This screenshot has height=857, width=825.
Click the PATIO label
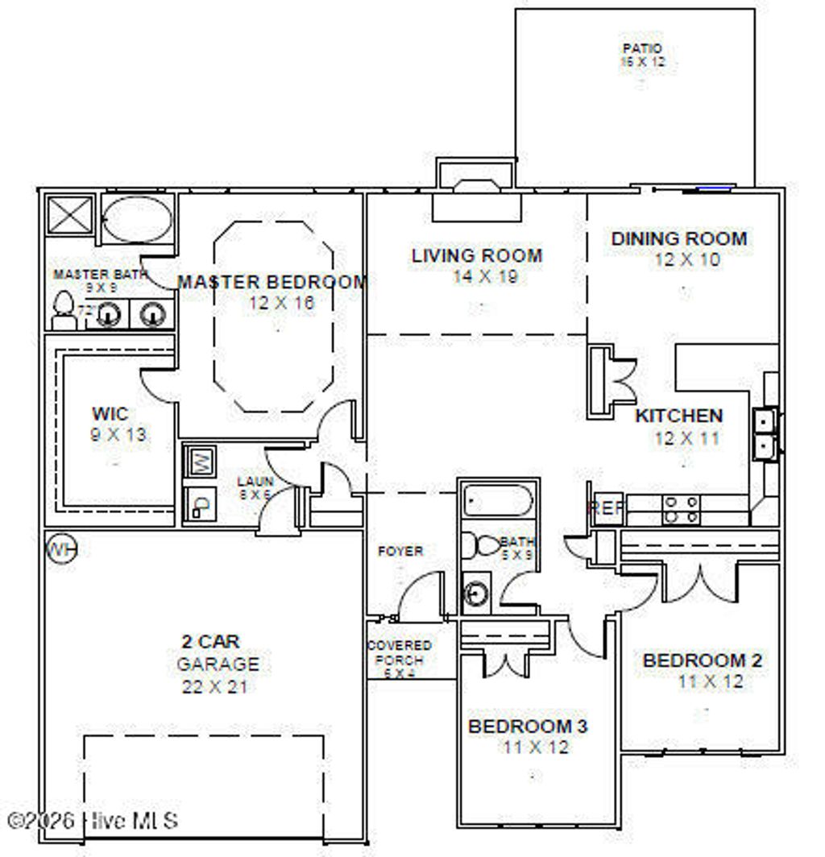[x=642, y=49]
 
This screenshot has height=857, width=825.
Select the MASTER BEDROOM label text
[x=272, y=283]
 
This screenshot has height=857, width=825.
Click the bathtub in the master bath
[x=138, y=217]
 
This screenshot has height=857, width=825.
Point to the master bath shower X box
[x=69, y=213]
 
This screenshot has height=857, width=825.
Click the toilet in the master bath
[x=63, y=311]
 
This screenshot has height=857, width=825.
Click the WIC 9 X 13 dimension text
[x=118, y=435]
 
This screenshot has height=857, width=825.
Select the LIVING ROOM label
[x=477, y=256]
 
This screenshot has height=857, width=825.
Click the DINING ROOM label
[x=678, y=239]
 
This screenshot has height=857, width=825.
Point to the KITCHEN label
[x=678, y=416]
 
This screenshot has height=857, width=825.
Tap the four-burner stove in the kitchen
[x=681, y=509]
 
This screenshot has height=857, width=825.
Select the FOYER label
[x=400, y=552]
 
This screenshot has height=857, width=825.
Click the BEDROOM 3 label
[x=528, y=727]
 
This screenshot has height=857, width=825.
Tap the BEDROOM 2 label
[x=703, y=661]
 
